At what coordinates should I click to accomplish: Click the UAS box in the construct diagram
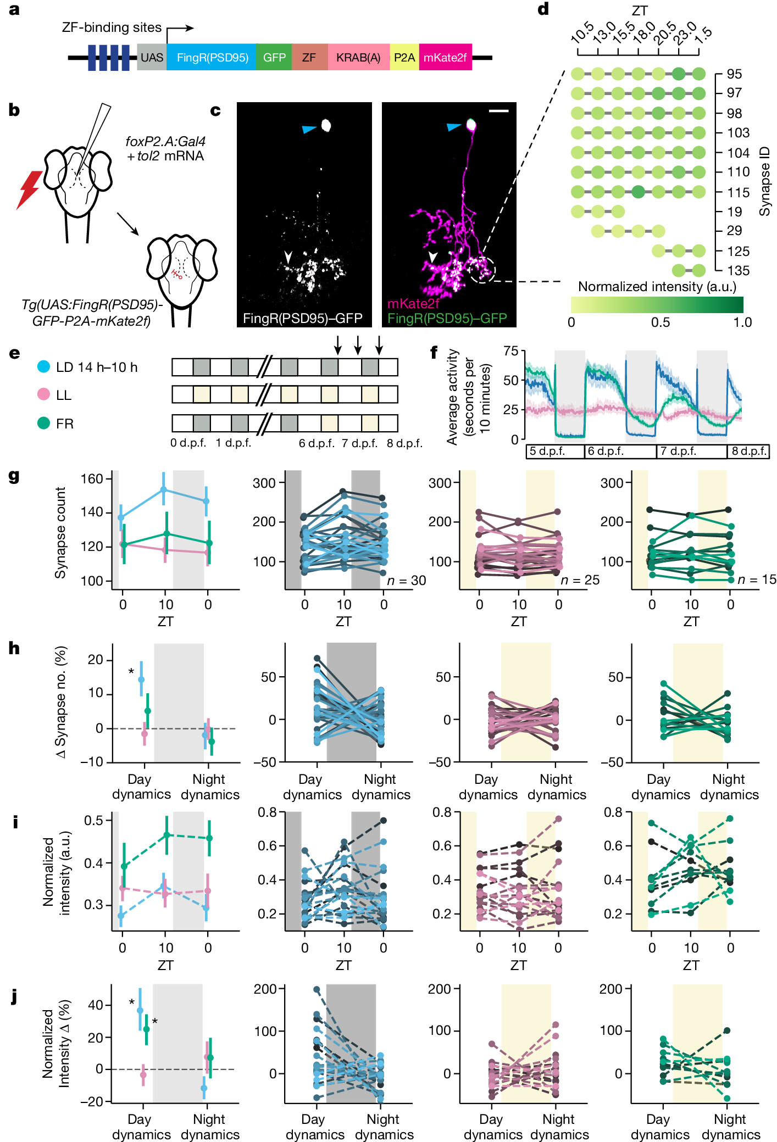(152, 57)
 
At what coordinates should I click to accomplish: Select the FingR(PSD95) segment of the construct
(212, 57)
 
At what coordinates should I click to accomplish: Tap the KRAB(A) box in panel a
(358, 57)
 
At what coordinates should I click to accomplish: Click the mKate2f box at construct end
(445, 57)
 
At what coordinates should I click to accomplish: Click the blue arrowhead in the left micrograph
(309, 129)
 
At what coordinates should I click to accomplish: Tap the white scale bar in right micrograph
(498, 111)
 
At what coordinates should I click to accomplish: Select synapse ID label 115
(738, 193)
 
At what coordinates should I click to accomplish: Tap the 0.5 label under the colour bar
(660, 322)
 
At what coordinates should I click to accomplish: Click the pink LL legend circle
(43, 394)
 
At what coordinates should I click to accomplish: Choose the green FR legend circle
(43, 423)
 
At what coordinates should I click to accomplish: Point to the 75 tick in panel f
(510, 351)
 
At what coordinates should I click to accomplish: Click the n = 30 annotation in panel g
(407, 580)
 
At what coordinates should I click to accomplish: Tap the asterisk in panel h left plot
(131, 672)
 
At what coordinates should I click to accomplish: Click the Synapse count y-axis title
(60, 532)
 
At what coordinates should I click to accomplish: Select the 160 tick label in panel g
(92, 478)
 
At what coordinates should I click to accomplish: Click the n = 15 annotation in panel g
(757, 580)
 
